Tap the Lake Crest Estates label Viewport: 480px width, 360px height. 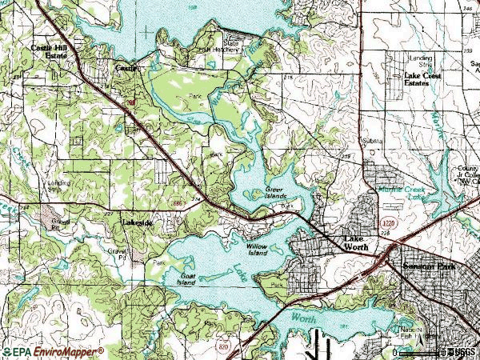click(x=422, y=78)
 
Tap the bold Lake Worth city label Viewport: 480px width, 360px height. click(x=357, y=245)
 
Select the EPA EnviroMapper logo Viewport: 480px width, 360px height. click(x=53, y=351)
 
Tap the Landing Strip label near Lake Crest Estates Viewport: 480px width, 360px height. click(x=422, y=60)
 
